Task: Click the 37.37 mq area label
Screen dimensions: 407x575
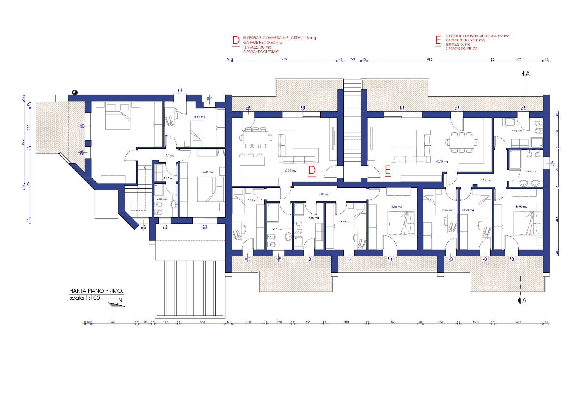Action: [290, 170]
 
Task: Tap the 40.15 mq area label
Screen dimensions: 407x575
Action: [442, 161]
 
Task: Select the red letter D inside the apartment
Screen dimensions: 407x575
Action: [312, 171]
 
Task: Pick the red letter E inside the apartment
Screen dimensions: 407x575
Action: [388, 171]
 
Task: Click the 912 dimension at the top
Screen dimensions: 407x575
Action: [429, 59]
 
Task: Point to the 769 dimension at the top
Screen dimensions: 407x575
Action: [284, 59]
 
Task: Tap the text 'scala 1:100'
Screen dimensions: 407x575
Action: [85, 298]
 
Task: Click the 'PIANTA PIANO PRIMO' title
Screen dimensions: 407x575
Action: [96, 291]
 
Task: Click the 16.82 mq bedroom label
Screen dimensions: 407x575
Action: [207, 172]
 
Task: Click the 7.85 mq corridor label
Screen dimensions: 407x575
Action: [324, 194]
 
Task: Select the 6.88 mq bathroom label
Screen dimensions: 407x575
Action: [531, 172]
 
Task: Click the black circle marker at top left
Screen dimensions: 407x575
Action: [74, 93]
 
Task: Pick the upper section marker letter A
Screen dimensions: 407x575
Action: [528, 74]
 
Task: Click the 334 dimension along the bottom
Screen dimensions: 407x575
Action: [202, 322]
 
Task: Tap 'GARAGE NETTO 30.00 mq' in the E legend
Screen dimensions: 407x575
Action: [465, 40]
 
